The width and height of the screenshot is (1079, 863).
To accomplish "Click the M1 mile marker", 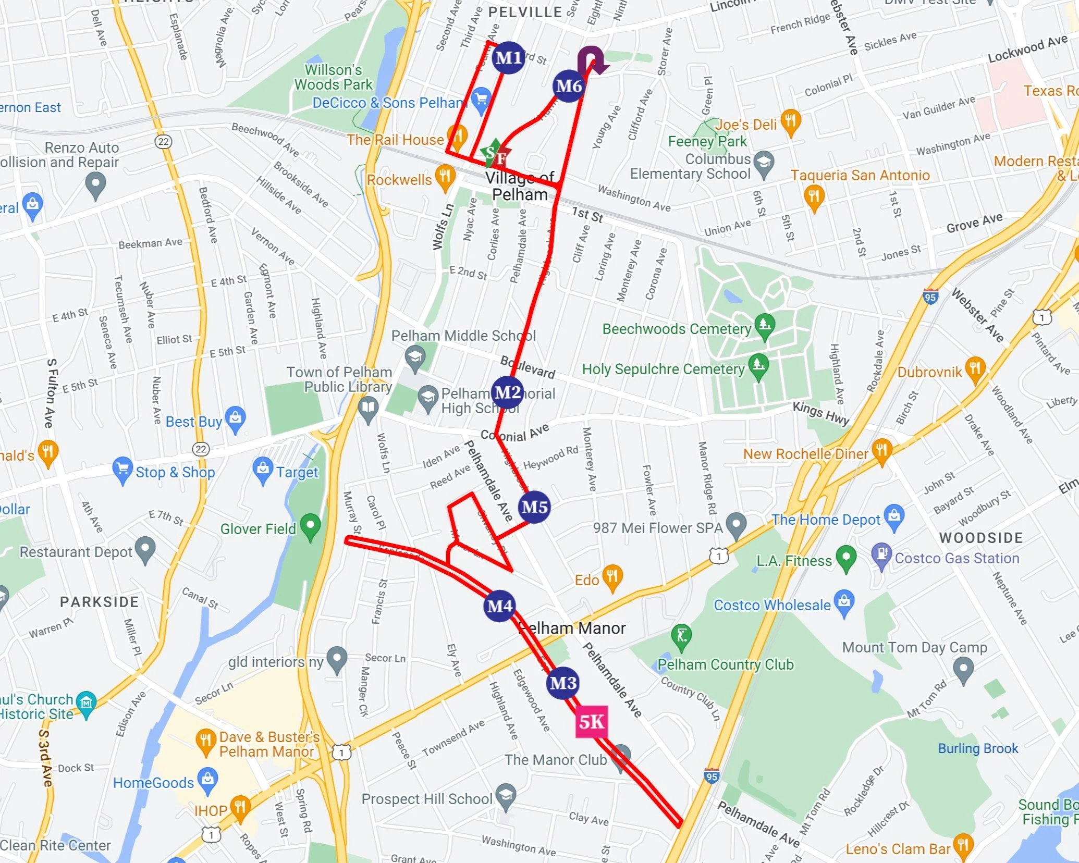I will (x=508, y=57).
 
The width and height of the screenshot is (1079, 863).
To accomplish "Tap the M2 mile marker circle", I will (x=507, y=392).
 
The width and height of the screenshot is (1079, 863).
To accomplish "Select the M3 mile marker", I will (x=563, y=683).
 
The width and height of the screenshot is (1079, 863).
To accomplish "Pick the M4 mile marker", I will (x=500, y=606).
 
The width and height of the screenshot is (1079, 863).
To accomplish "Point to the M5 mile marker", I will (x=534, y=507).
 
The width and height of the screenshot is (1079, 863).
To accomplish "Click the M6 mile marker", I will (x=568, y=86).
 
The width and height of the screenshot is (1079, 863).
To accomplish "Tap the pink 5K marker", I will (x=592, y=722).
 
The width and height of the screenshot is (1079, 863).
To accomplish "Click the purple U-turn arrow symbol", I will (x=593, y=59).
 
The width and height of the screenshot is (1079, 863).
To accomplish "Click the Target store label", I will (x=297, y=472).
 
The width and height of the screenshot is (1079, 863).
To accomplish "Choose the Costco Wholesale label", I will (x=771, y=605).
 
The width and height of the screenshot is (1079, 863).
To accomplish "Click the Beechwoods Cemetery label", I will (x=677, y=329).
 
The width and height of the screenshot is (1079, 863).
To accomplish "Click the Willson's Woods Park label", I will (x=334, y=77).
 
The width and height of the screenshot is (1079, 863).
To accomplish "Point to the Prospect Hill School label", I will (x=426, y=799).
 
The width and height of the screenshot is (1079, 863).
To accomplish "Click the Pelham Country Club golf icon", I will (x=681, y=635).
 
